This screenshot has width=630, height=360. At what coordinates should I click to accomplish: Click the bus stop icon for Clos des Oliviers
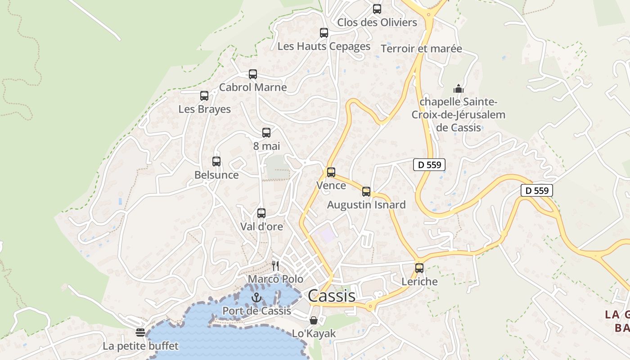(377, 9)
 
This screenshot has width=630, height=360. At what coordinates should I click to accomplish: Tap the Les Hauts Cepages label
(324, 46)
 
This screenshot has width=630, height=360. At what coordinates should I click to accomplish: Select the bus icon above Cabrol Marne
(253, 74)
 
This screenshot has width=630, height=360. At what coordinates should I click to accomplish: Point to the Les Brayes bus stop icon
(204, 95)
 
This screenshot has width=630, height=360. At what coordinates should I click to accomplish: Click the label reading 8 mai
(266, 146)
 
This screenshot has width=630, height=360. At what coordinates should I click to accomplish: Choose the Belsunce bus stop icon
(216, 161)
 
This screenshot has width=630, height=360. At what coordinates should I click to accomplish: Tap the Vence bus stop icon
(331, 172)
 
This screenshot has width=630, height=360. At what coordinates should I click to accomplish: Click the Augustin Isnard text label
(366, 205)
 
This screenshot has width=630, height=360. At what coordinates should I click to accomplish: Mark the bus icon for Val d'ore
(261, 213)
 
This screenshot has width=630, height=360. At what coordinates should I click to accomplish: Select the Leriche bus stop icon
(419, 268)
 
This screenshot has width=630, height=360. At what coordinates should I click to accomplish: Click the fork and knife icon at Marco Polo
(275, 266)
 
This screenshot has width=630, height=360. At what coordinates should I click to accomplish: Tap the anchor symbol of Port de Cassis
(256, 297)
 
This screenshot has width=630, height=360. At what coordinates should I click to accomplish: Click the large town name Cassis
(332, 296)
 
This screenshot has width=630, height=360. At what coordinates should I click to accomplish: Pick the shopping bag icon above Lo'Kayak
(314, 320)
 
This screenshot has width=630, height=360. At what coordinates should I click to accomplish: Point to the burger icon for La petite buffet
(140, 333)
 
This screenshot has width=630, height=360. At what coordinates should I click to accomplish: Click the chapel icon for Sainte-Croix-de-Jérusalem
(459, 89)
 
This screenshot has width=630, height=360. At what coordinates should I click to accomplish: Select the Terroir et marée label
(421, 49)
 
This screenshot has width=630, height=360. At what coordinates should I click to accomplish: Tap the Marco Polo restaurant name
(275, 279)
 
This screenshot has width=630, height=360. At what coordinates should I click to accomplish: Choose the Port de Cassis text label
(256, 311)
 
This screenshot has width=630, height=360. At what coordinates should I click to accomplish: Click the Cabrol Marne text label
(253, 87)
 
